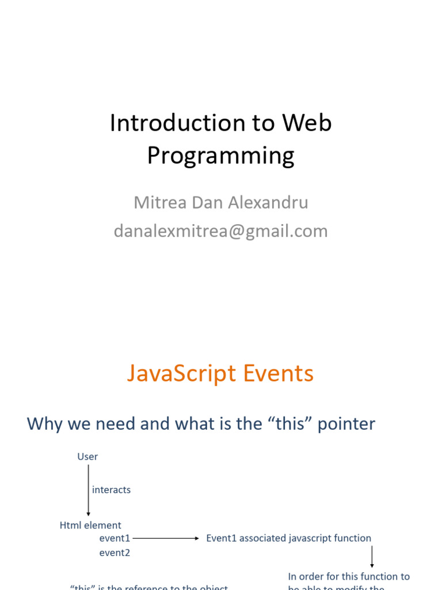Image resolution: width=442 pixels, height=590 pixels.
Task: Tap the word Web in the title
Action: (x=307, y=123)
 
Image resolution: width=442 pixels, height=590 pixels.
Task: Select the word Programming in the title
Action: (x=220, y=155)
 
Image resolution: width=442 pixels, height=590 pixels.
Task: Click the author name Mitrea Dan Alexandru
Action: (x=220, y=202)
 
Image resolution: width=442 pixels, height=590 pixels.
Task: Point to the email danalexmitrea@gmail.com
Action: (x=220, y=231)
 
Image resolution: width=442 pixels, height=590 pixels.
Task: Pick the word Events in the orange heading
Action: (x=278, y=373)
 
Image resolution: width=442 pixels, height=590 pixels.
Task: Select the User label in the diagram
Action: (x=87, y=457)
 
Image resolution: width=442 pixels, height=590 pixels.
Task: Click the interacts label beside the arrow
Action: (x=111, y=490)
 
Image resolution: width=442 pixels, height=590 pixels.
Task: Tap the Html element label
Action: (x=90, y=525)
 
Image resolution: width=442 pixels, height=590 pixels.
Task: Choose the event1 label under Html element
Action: (x=115, y=538)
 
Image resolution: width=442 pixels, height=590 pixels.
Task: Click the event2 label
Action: (x=115, y=553)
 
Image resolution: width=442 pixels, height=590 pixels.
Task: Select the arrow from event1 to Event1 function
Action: (x=165, y=538)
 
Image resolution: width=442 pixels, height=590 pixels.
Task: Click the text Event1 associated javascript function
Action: (x=288, y=538)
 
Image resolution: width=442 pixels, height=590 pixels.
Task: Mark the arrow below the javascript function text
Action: (x=372, y=557)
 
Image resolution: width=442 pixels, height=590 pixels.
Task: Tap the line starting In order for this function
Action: (x=349, y=576)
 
